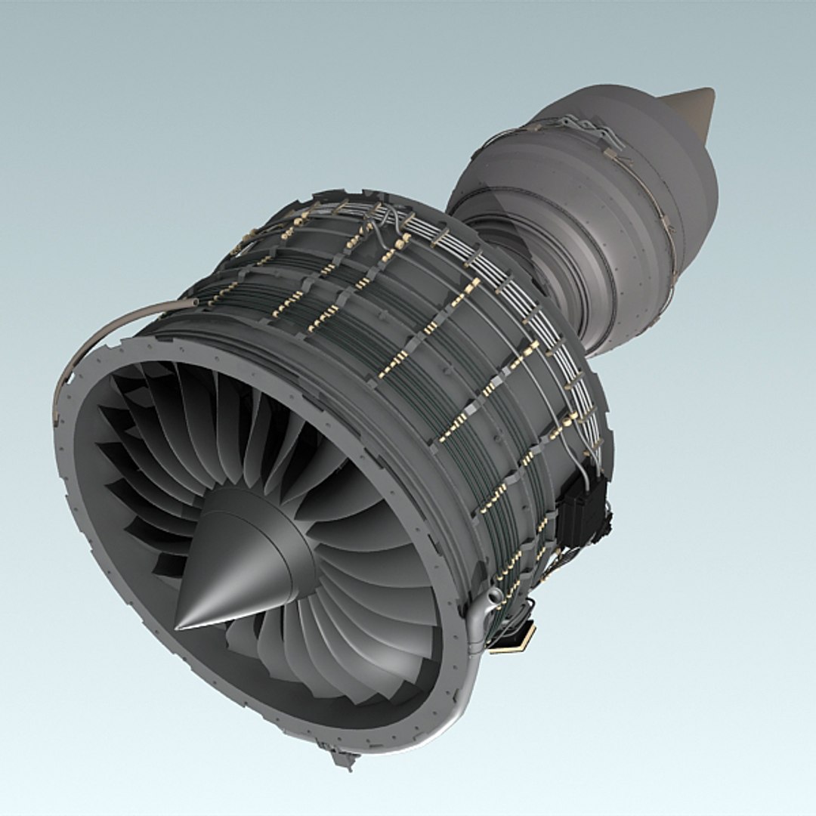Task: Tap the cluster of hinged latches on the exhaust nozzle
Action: [x=597, y=136]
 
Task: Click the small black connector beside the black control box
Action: [x=607, y=521]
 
